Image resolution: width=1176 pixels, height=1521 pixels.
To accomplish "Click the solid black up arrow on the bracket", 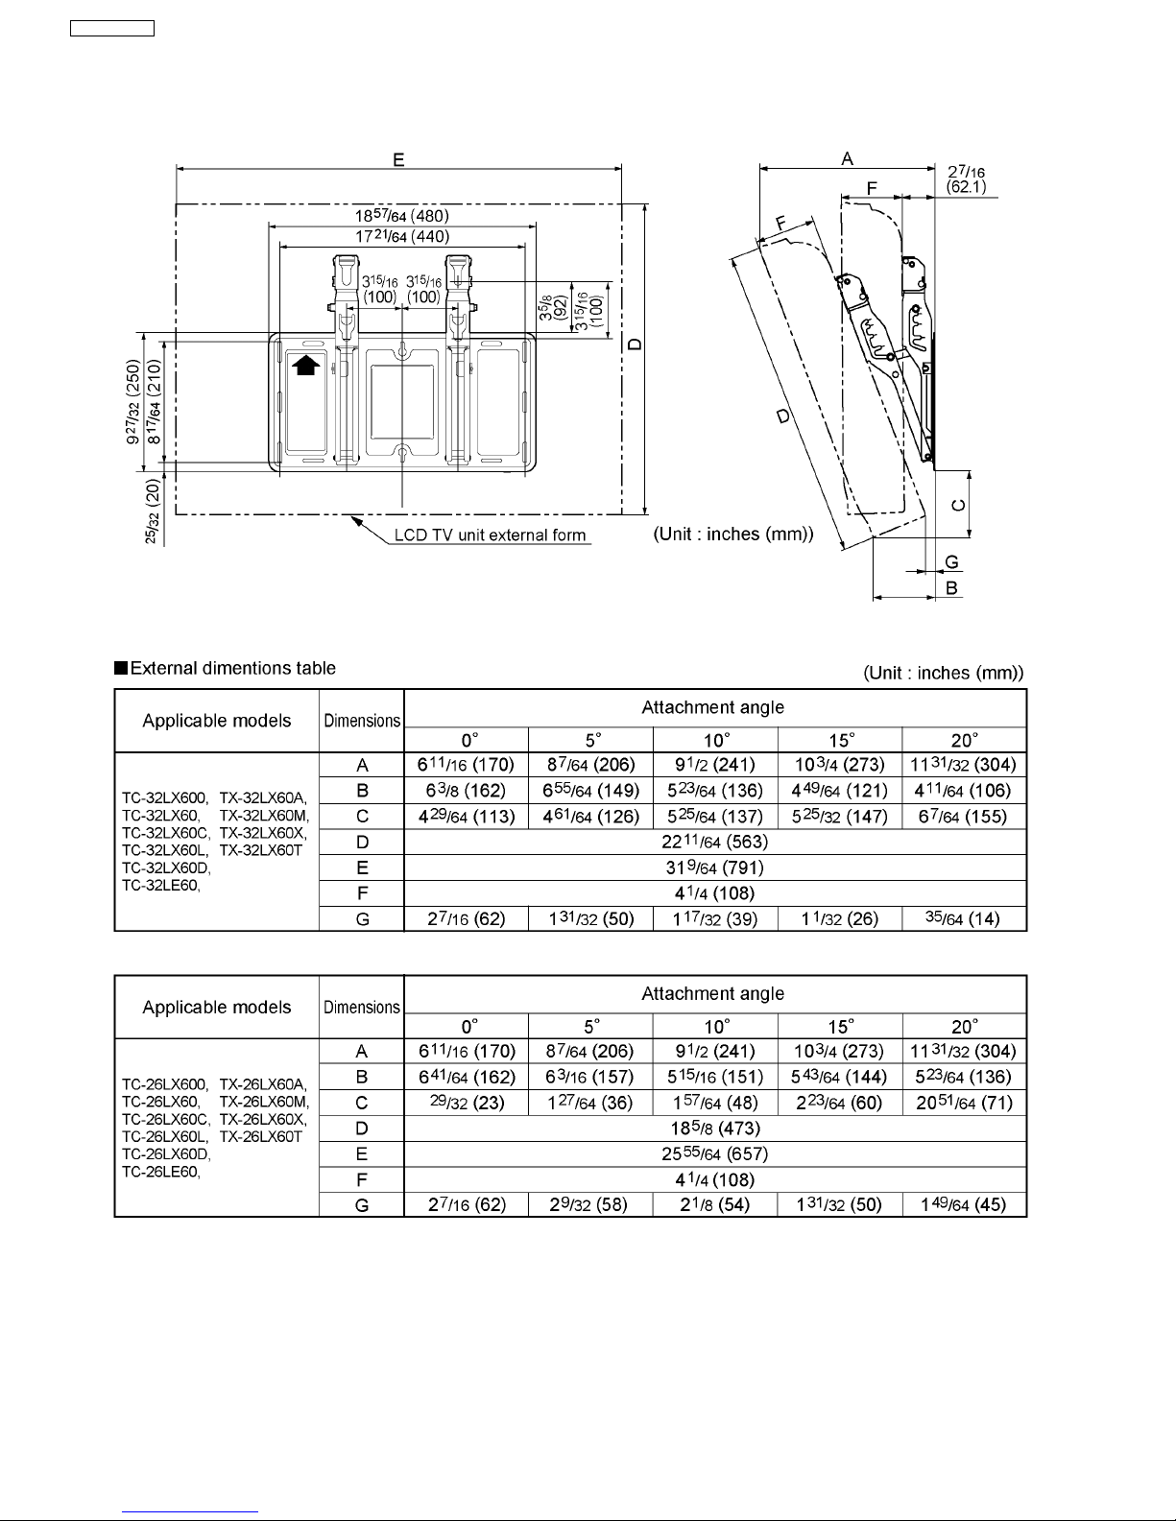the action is click(305, 365).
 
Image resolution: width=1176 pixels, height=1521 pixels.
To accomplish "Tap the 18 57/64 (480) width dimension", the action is click(402, 215).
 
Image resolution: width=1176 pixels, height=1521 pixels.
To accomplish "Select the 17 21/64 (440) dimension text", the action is click(402, 236).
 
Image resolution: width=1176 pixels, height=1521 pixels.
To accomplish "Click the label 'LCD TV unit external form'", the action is click(490, 535).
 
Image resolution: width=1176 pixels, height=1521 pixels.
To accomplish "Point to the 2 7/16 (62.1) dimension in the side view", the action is click(966, 179).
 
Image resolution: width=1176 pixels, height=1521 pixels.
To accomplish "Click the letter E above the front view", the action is click(398, 159).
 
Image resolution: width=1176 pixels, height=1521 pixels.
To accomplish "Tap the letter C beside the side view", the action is click(958, 506).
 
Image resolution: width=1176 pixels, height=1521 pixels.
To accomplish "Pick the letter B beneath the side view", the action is click(951, 588).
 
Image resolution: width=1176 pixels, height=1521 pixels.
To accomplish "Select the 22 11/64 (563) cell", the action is click(714, 842).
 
